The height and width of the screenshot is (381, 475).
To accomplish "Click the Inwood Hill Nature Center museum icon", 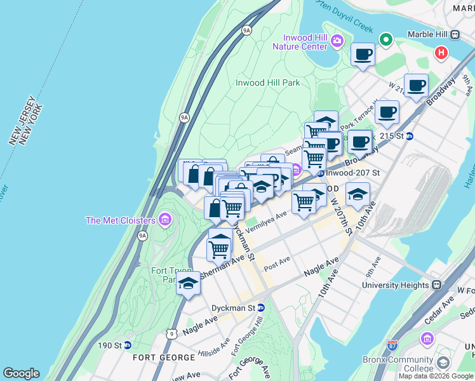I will click(x=337, y=41).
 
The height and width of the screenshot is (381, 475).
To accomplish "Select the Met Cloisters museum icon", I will click(x=165, y=220).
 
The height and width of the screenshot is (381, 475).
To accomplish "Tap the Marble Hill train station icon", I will click(x=455, y=34).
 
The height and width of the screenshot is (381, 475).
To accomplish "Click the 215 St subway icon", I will click(x=410, y=136).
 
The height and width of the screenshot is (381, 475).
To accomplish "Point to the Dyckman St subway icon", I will click(x=260, y=307).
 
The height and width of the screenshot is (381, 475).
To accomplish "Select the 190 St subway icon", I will click(x=128, y=345).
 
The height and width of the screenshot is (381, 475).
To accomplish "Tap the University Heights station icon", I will click(x=437, y=285).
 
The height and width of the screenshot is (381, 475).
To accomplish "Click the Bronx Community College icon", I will click(x=443, y=363).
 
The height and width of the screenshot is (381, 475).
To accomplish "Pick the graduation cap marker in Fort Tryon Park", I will click(x=188, y=284).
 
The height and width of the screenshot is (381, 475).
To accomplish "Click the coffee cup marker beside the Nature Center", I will click(x=363, y=55).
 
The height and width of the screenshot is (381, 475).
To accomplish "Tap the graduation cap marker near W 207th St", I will click(x=358, y=193).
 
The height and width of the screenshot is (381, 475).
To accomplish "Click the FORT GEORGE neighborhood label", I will click(x=158, y=358).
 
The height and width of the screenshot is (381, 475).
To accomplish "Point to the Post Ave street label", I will click(x=277, y=262).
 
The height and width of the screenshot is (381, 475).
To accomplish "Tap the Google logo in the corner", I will click(x=21, y=373).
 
